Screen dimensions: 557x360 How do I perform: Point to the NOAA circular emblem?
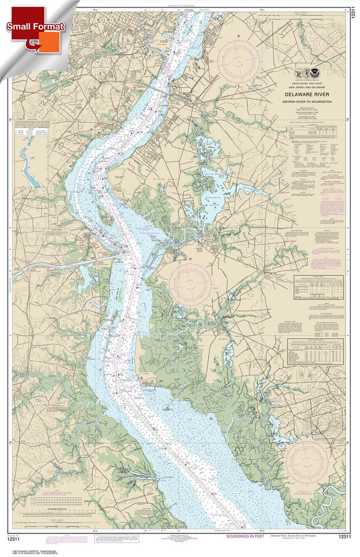tap(314, 74)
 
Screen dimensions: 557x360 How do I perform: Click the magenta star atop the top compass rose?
tap(238, 35)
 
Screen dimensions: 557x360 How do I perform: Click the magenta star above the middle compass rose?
tap(190, 259)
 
